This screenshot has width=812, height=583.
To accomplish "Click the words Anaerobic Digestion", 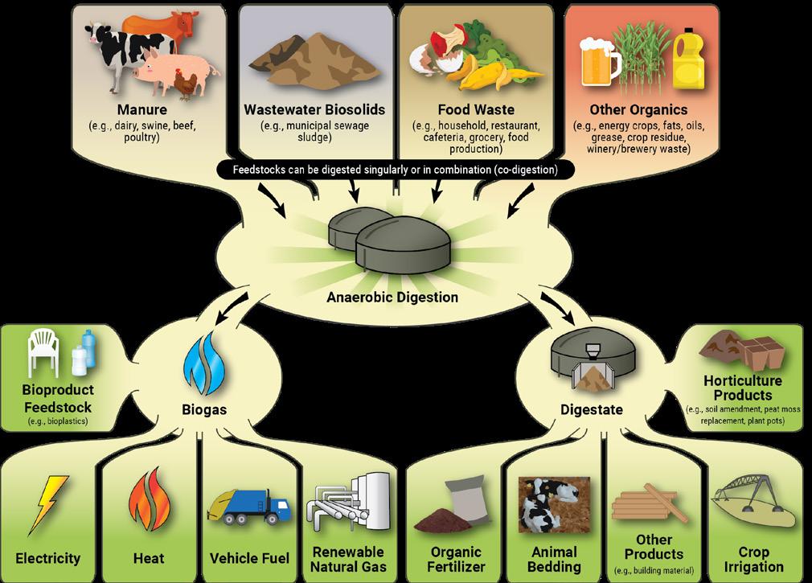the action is (x=392, y=298).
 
